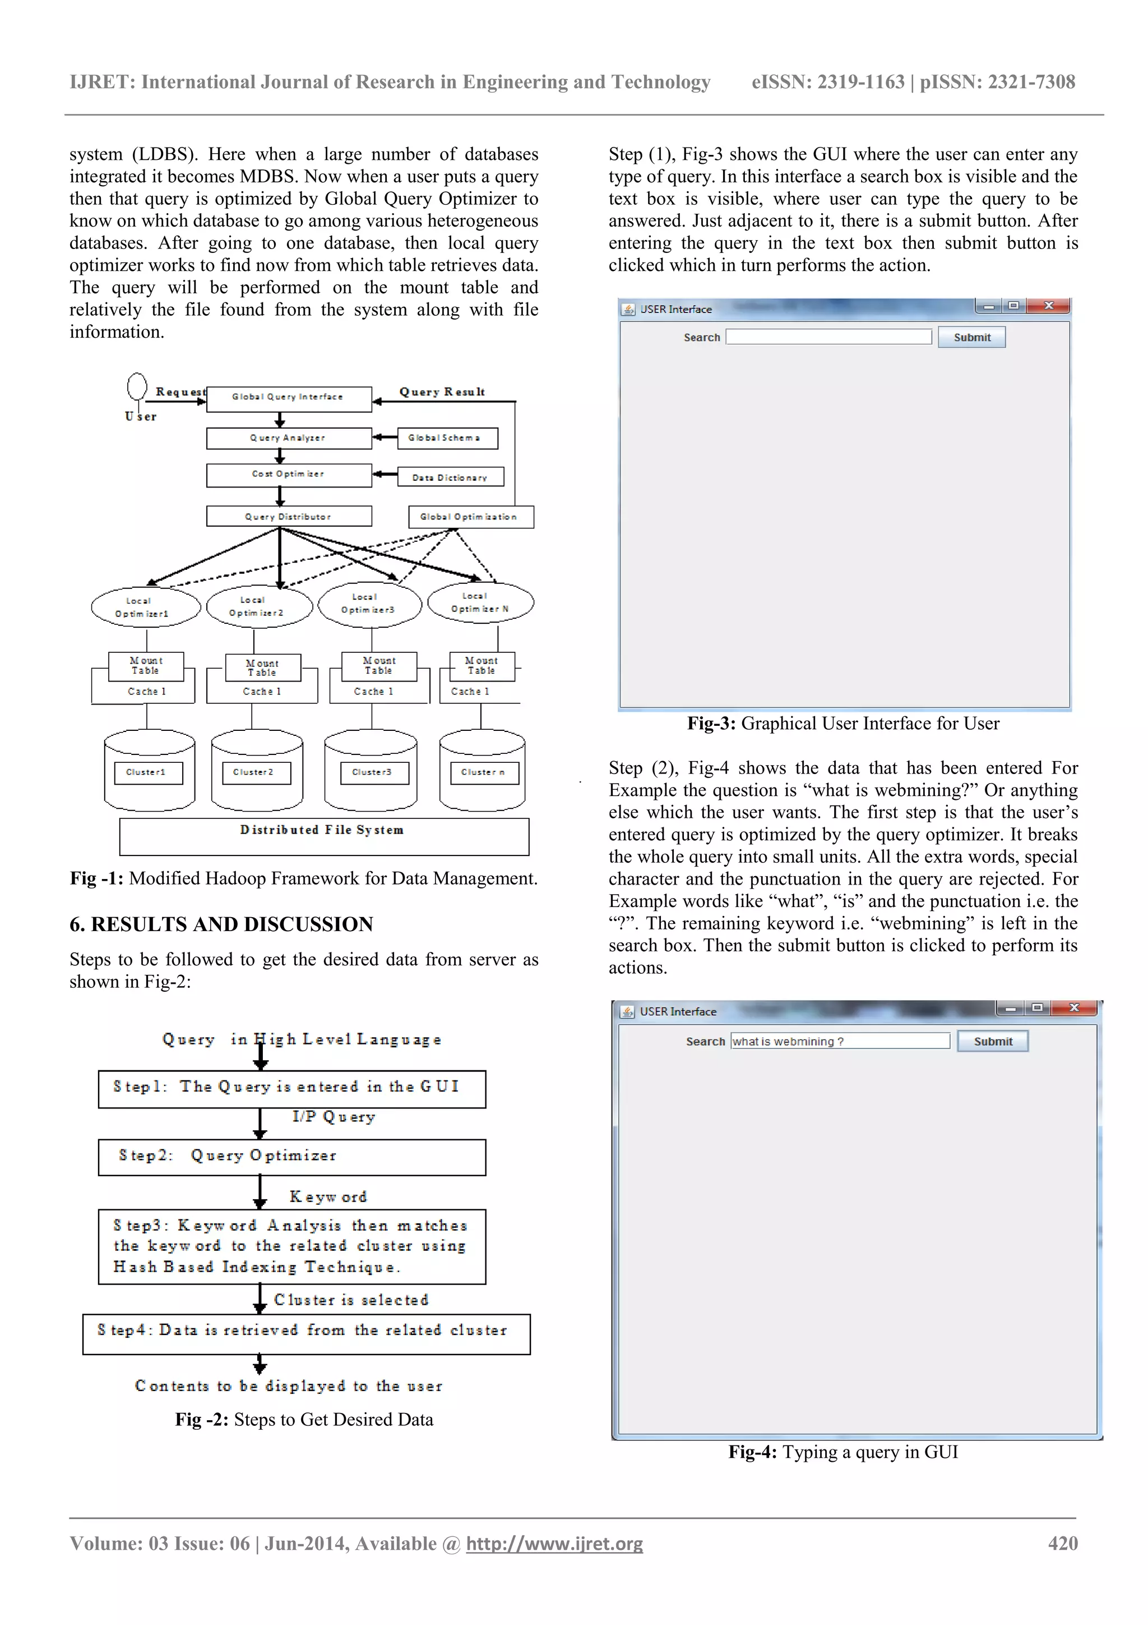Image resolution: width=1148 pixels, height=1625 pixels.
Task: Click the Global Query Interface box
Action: pos(289,398)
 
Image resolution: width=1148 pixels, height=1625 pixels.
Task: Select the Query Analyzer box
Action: pos(289,438)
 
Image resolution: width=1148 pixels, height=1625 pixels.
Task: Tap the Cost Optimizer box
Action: pos(289,475)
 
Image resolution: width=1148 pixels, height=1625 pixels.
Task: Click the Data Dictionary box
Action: pos(451,476)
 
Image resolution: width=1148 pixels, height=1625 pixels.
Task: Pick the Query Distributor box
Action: pos(289,516)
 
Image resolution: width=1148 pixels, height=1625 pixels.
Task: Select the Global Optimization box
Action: pos(470,517)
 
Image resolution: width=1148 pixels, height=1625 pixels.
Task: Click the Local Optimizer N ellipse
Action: pos(480,603)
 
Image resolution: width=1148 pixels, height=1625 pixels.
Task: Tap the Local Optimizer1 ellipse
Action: pos(146,607)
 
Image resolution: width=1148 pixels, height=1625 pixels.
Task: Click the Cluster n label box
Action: pos(484,772)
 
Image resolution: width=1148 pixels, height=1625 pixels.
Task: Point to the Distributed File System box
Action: pos(324,836)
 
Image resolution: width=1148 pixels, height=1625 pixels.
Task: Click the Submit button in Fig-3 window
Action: pos(971,338)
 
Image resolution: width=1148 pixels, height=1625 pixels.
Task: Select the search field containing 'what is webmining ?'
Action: pos(840,1041)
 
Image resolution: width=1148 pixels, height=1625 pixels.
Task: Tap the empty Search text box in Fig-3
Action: pos(828,337)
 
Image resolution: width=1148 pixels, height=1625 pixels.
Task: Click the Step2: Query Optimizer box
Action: pos(291,1157)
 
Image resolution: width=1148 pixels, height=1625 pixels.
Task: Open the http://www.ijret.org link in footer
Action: pos(554,1544)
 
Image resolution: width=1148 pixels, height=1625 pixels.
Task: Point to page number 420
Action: pos(1062,1544)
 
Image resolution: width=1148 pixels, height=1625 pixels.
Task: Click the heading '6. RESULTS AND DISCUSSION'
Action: pos(221,924)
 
